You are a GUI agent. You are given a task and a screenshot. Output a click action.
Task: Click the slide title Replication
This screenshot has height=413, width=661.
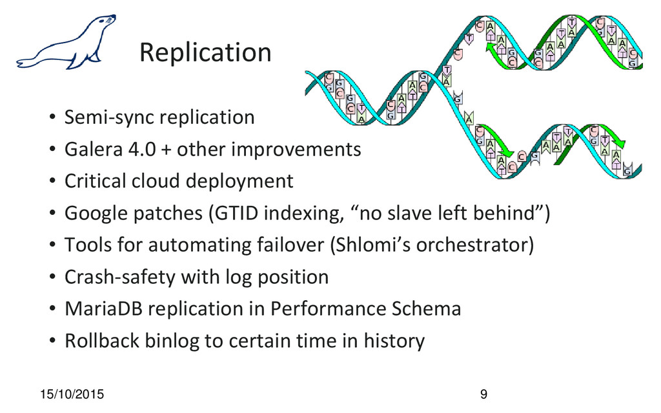tap(205, 53)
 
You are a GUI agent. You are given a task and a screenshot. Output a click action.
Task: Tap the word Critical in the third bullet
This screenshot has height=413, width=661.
tap(95, 181)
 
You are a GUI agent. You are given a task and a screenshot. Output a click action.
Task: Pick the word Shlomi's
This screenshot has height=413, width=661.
tap(370, 245)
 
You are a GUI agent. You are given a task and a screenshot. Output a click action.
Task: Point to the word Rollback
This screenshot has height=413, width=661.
tap(101, 341)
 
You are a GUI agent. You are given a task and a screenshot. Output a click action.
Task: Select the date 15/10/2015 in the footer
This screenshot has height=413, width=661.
tap(72, 394)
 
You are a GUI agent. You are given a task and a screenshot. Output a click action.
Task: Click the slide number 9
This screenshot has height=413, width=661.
tap(483, 394)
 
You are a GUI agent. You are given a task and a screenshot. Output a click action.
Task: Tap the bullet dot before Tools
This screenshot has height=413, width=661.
tap(52, 245)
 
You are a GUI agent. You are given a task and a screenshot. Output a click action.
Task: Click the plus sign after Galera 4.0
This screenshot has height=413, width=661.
tap(166, 150)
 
